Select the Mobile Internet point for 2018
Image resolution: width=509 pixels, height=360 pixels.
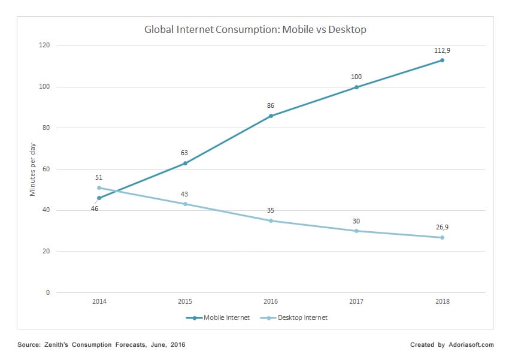pos(442,60)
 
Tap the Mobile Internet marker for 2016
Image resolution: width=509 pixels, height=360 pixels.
pos(271,116)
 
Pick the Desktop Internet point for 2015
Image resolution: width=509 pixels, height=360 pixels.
pos(185,204)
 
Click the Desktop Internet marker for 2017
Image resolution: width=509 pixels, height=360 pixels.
pos(356,231)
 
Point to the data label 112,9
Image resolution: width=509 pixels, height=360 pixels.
pos(442,50)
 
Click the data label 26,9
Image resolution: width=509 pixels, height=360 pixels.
pos(442,227)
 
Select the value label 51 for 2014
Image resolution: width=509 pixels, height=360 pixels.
pos(99,178)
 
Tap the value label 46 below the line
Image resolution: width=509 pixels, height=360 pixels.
pos(95,208)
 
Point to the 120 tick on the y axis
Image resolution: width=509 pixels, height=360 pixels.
pos(44,46)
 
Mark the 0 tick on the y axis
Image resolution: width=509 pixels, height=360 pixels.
pos(47,292)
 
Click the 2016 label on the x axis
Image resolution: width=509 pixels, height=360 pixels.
pos(271,302)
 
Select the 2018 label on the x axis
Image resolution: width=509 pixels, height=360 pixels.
pos(442,302)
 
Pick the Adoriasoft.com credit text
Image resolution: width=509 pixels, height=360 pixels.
pos(471,345)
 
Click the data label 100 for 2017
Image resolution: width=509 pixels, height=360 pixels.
pos(356,77)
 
